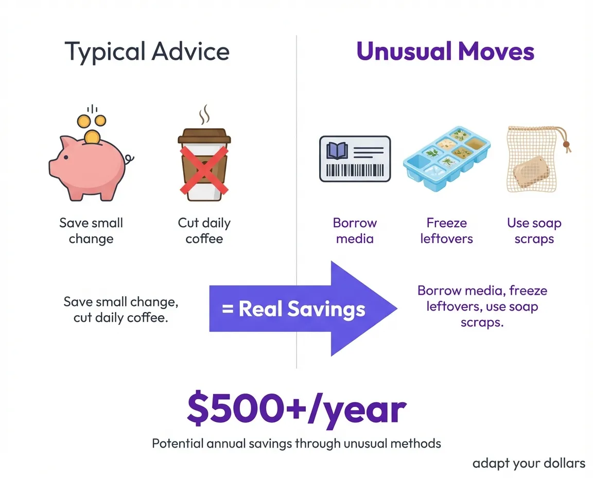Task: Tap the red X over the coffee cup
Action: [x=204, y=165]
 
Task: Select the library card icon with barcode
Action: [x=355, y=158]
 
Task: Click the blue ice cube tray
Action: [x=446, y=157]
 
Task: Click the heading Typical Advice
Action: [x=147, y=52]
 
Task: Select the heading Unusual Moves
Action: [x=445, y=52]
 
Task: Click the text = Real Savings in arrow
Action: [x=293, y=309]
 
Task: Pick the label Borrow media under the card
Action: [x=355, y=231]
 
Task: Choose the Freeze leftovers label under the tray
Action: [x=446, y=231]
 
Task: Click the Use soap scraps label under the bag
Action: [x=534, y=231]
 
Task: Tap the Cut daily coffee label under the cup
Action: [x=204, y=231]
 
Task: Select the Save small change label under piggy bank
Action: [x=91, y=231]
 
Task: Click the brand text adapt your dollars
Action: [x=529, y=463]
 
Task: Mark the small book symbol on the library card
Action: [x=337, y=150]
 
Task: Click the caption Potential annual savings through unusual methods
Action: [x=296, y=443]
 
